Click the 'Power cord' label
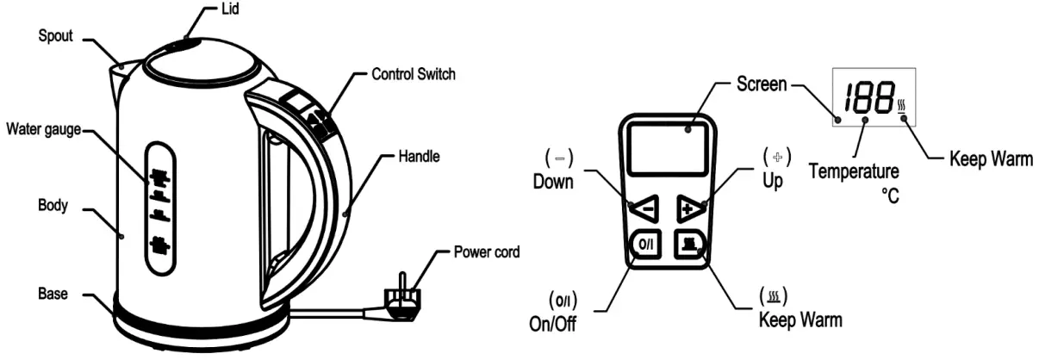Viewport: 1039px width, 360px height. pyautogui.click(x=488, y=253)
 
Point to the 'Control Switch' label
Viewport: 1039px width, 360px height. pyautogui.click(x=413, y=74)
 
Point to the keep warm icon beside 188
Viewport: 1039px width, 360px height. pyautogui.click(x=901, y=108)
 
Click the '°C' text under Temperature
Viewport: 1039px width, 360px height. pyautogui.click(x=889, y=197)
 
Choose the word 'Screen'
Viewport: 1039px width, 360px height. pyautogui.click(x=762, y=84)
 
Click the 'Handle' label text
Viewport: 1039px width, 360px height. pyautogui.click(x=419, y=158)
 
